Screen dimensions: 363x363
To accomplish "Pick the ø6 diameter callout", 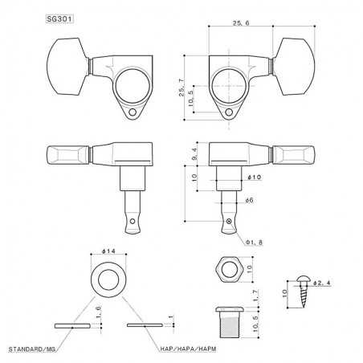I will [x=249, y=202].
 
